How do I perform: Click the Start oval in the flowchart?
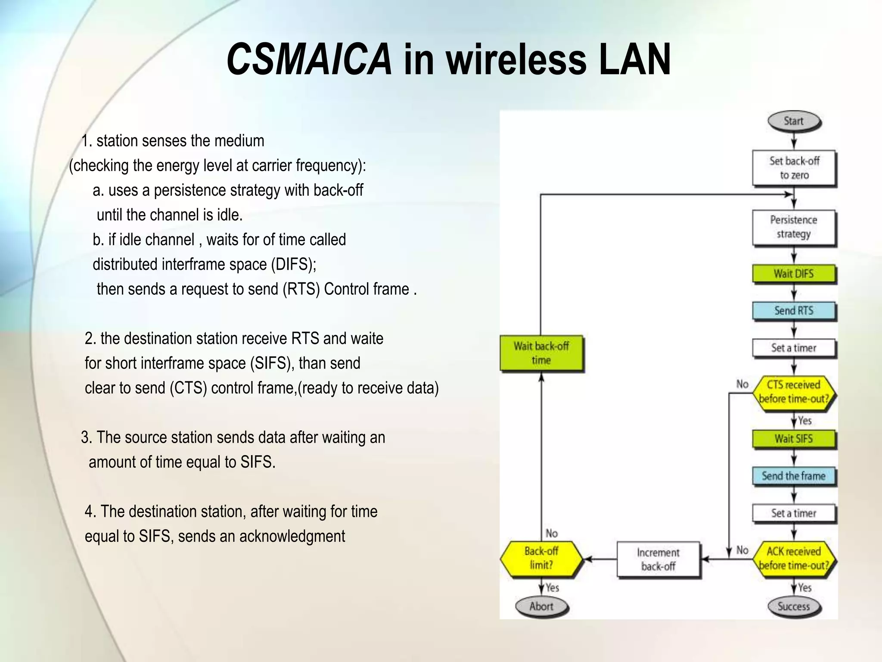click(x=794, y=121)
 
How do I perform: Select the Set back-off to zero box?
click(x=794, y=168)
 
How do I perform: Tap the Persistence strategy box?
click(x=794, y=227)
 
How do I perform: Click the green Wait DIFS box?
click(x=794, y=274)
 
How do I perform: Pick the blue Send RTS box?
click(x=794, y=311)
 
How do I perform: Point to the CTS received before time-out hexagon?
click(x=794, y=392)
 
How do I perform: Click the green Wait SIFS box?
click(x=794, y=439)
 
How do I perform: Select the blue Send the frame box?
click(x=794, y=476)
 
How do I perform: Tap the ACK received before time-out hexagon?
click(x=794, y=559)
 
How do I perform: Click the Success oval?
click(x=794, y=606)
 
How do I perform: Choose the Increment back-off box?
click(x=658, y=559)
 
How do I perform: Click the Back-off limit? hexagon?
click(x=541, y=558)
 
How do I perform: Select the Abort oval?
click(x=541, y=606)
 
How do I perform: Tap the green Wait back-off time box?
click(x=541, y=353)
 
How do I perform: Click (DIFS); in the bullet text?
click(x=293, y=264)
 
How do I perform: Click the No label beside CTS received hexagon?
click(x=742, y=384)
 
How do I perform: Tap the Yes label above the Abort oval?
click(x=552, y=587)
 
